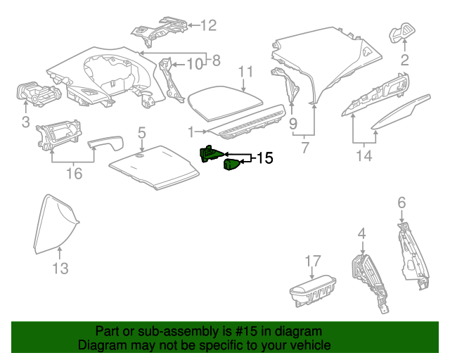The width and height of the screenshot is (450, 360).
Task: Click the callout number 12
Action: pyautogui.click(x=209, y=26)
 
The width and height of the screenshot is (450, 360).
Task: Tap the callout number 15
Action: pyautogui.click(x=264, y=158)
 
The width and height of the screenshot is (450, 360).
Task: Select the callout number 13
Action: pyautogui.click(x=60, y=268)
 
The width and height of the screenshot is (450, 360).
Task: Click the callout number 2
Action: pyautogui.click(x=404, y=60)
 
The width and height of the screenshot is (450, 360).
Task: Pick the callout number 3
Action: pyautogui.click(x=25, y=124)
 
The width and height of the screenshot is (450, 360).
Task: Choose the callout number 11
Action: pyautogui.click(x=244, y=72)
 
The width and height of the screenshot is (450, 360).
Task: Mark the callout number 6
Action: pyautogui.click(x=401, y=202)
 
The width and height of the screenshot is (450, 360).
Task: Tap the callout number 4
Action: pyautogui.click(x=361, y=233)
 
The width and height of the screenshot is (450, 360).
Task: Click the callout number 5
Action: pyautogui.click(x=141, y=132)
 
